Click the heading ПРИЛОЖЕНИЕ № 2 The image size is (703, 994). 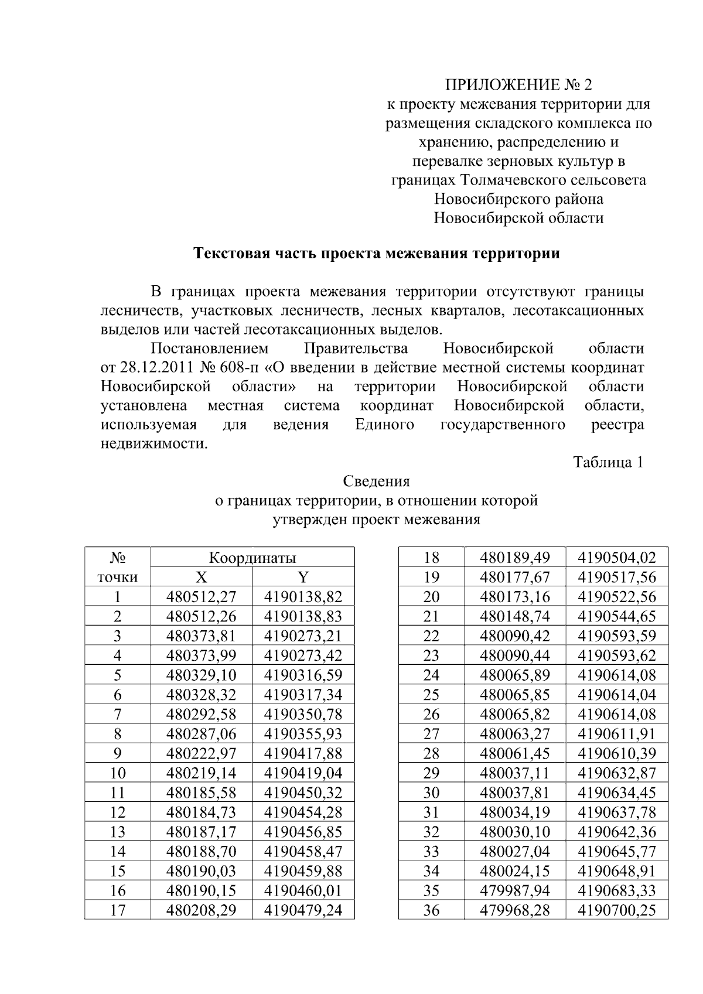click(518, 86)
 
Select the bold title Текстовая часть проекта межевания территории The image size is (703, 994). click(377, 254)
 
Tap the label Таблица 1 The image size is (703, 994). click(608, 462)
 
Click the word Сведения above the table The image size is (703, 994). click(376, 481)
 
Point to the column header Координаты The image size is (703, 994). click(252, 557)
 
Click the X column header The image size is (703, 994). click(201, 577)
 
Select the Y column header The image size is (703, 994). click(303, 577)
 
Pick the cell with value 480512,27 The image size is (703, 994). click(201, 597)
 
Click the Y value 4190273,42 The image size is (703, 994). click(303, 655)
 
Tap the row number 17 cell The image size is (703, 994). click(118, 910)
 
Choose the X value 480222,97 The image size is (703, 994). click(201, 753)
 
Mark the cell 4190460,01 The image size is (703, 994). click(303, 890)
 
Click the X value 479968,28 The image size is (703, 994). click(515, 910)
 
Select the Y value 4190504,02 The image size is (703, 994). click(617, 557)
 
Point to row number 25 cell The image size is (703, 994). click(431, 695)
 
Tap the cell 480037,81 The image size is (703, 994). click(515, 793)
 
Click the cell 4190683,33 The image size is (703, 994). click(617, 890)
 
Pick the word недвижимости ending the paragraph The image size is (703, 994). click(153, 443)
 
